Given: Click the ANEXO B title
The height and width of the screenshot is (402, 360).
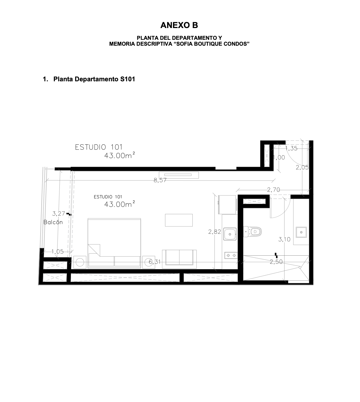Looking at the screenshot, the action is [x=179, y=25].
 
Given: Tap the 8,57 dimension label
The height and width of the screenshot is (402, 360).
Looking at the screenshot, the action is [x=160, y=180].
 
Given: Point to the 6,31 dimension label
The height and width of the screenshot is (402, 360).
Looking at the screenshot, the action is [x=154, y=262].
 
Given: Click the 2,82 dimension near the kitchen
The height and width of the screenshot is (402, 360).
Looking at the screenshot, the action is [x=214, y=232].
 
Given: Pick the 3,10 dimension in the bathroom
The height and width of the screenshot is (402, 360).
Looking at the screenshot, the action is [x=284, y=239].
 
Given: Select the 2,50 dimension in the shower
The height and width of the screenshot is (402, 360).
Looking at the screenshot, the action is [x=276, y=262].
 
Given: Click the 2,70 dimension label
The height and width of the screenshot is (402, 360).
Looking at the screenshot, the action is [x=273, y=190].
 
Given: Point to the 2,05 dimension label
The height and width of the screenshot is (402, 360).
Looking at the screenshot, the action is [x=302, y=167].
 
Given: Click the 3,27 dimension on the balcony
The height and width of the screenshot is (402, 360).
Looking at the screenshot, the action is [x=59, y=214].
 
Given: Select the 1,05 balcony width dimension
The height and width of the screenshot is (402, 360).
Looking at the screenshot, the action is [x=57, y=251].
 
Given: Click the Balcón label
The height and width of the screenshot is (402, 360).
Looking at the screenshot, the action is [x=53, y=222].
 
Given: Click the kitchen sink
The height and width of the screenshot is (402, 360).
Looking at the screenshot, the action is [x=230, y=234].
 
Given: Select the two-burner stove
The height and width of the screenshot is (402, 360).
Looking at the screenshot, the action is [x=231, y=255].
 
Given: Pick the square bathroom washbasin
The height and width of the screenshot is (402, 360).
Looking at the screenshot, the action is [x=301, y=232].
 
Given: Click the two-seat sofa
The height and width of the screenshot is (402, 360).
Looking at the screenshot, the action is [x=179, y=259].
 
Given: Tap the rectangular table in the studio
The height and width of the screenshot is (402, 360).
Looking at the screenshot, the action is [x=179, y=220].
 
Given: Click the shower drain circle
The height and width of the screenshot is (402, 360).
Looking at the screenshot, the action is [x=300, y=267].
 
